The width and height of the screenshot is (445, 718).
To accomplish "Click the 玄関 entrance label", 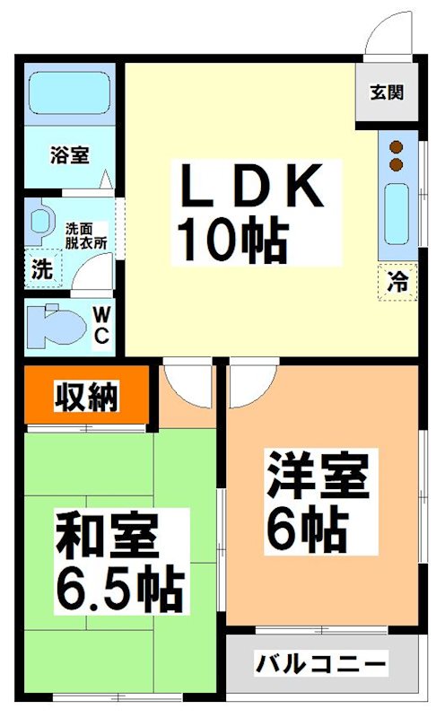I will point(388,92).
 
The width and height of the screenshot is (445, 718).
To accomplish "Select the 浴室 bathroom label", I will point(69,155).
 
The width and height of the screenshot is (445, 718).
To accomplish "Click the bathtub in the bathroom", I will point(69,95).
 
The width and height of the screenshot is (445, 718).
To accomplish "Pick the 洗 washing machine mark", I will point(40,268).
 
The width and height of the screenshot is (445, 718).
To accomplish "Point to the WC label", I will point(100,326).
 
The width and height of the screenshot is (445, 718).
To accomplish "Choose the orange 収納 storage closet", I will point(85,395).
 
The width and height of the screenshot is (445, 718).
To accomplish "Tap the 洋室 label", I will point(318,477).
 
